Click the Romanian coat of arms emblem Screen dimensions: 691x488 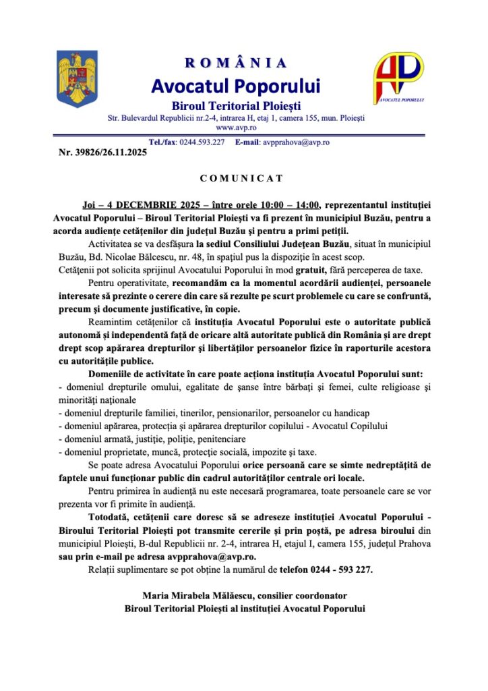click(x=78, y=79)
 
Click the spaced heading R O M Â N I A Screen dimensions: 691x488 click(x=236, y=63)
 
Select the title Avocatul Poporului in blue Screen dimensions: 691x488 click(x=236, y=86)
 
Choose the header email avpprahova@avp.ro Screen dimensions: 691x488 click(x=297, y=142)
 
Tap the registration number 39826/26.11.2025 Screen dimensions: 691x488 click(x=111, y=153)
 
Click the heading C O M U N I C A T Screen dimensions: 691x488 click(x=242, y=179)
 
